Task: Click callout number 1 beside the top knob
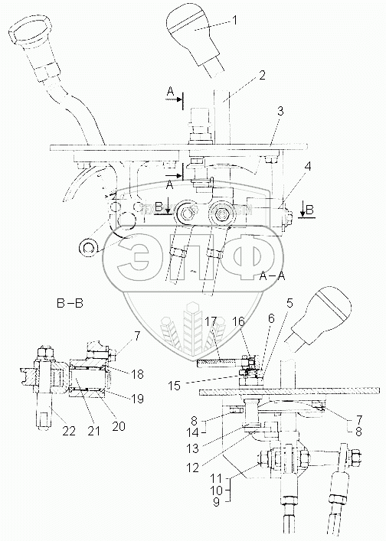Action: tap(234, 21)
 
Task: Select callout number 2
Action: tap(263, 76)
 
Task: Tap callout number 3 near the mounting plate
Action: tap(280, 111)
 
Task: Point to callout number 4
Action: tap(307, 166)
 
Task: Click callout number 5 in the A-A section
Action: tap(289, 303)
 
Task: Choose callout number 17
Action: tap(211, 321)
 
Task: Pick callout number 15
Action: tap(175, 386)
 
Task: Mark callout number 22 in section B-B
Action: tap(69, 431)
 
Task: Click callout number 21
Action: tap(93, 431)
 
